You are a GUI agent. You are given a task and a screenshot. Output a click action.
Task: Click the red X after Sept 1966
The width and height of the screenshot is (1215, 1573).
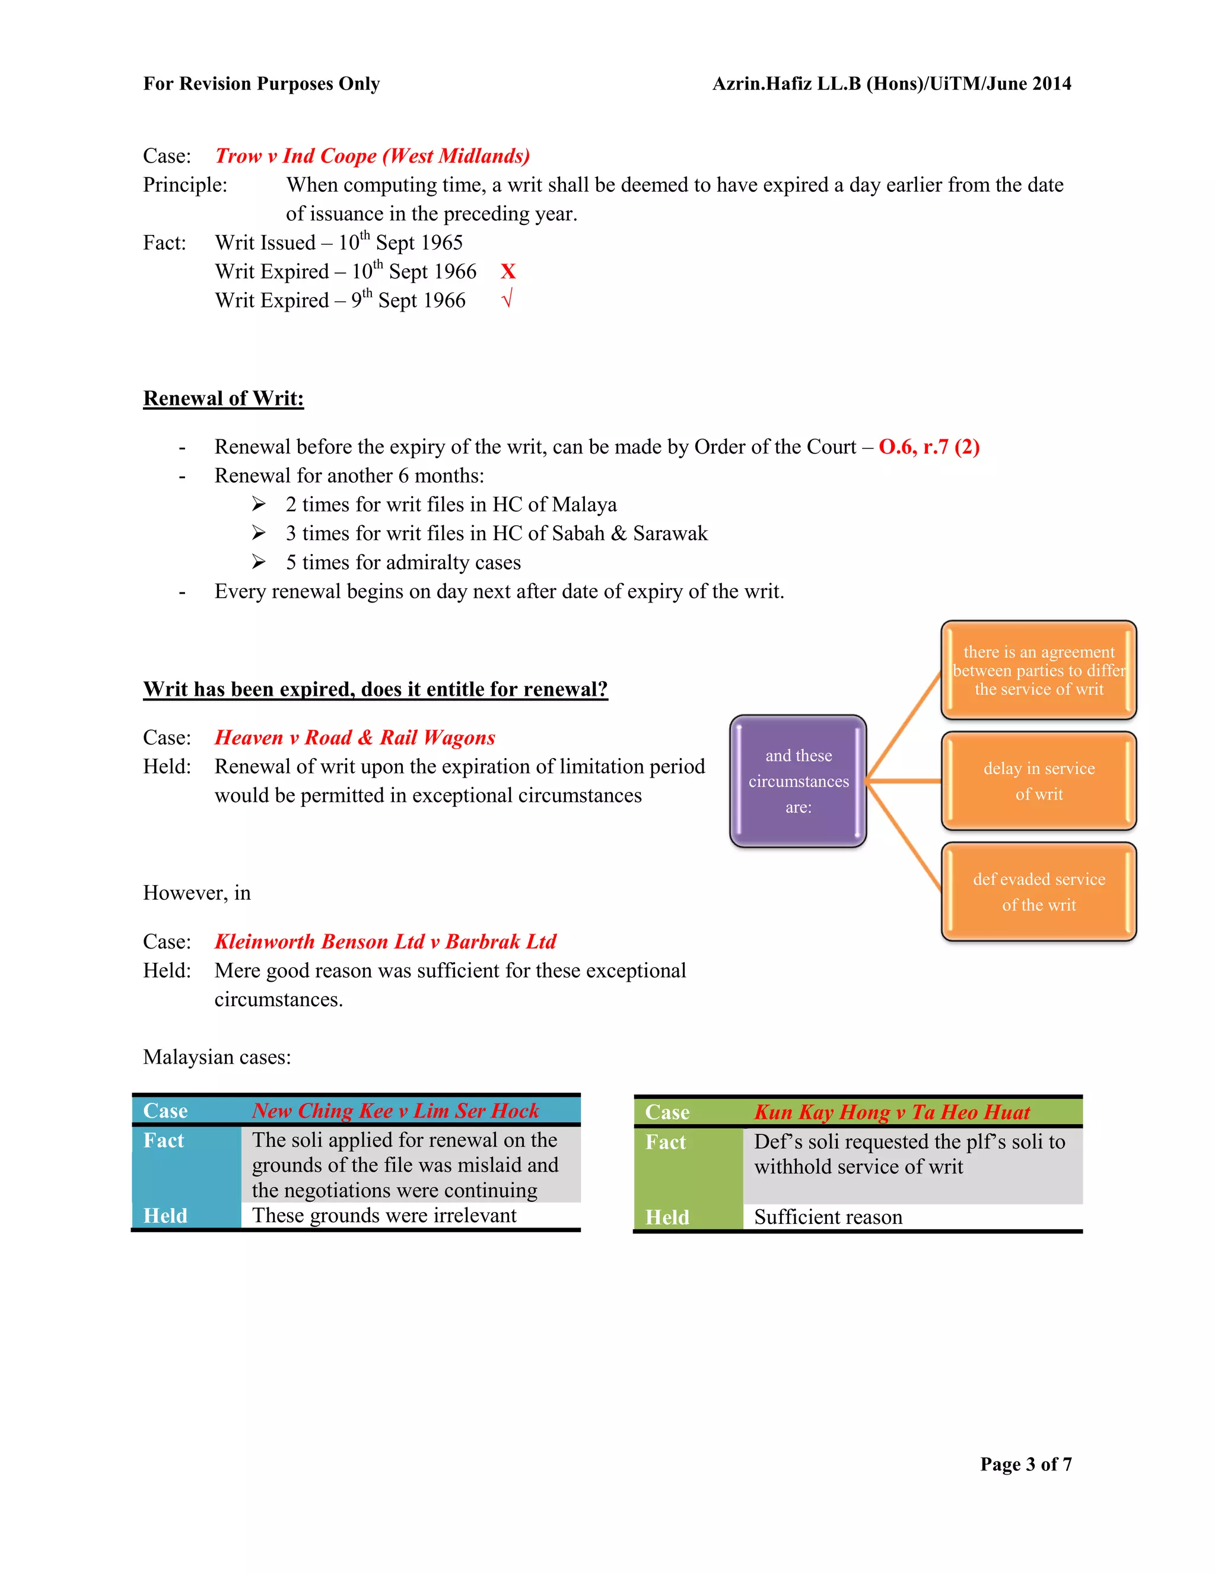[508, 271]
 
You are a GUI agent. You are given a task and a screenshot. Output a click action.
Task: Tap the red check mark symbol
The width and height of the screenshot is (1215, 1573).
[507, 299]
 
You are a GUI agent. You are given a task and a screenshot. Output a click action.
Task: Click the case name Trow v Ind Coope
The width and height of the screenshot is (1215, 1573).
[372, 156]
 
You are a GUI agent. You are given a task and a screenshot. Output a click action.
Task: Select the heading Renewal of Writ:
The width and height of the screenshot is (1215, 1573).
[223, 398]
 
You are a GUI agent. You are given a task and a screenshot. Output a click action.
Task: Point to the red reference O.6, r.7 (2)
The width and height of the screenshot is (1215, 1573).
[928, 448]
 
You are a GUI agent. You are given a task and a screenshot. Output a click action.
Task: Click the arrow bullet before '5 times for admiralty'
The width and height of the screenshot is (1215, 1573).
[259, 562]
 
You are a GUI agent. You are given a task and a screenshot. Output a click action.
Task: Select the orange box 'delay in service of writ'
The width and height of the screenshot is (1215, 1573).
[1039, 782]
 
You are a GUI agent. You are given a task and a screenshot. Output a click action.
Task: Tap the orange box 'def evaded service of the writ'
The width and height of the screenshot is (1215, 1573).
[1039, 892]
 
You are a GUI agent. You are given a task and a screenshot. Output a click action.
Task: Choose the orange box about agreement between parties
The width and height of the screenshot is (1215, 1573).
[1039, 671]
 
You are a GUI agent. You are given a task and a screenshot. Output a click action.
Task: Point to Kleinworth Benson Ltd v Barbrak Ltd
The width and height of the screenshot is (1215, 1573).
[385, 941]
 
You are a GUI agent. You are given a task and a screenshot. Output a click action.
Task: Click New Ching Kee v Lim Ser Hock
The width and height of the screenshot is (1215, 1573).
[395, 1111]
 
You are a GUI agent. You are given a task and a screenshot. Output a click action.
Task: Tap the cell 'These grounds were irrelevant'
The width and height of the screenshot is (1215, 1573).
[384, 1216]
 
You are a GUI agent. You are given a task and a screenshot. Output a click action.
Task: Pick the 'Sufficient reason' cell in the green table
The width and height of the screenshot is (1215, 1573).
[828, 1217]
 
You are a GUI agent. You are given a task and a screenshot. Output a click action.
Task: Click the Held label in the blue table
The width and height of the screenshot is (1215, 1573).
[165, 1216]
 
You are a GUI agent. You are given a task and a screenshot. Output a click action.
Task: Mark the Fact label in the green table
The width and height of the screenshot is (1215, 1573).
[666, 1142]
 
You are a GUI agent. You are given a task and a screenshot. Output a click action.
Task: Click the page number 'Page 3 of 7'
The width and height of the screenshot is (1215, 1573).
[1026, 1464]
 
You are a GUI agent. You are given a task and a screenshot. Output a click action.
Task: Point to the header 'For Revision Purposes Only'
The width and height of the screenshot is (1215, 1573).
[261, 84]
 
